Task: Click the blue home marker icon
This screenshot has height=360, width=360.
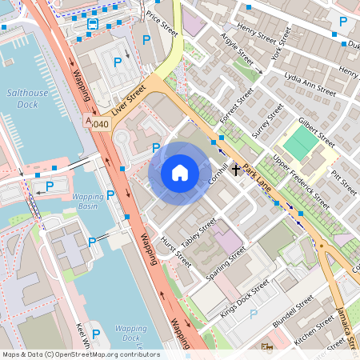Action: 180,173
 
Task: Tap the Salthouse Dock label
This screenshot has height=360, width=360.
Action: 28,98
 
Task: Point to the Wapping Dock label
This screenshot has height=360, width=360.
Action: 130,333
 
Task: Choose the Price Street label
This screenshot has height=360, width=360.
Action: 162,24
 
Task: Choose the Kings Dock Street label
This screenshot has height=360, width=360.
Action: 246,297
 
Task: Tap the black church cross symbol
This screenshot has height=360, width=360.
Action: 236,170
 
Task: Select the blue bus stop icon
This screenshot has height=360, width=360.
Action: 93,25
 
